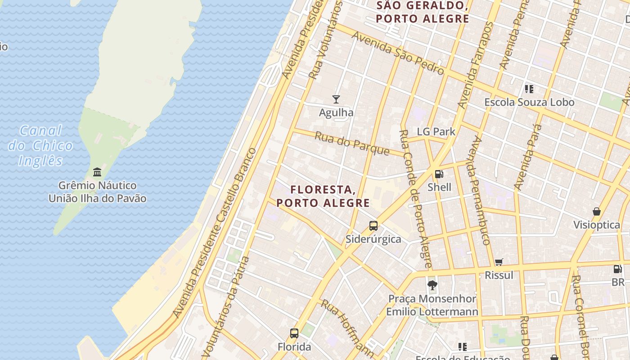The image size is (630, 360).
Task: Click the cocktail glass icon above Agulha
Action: [x=336, y=99]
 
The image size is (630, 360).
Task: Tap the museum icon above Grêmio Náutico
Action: [x=97, y=172]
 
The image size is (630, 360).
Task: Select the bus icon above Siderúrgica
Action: [x=373, y=226]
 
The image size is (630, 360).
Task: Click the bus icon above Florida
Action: [x=294, y=333]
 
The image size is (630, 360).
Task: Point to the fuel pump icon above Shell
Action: [x=439, y=174]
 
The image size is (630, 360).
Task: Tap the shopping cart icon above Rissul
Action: [x=499, y=262]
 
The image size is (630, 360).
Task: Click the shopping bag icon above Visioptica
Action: [x=596, y=211]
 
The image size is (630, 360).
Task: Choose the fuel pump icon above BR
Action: [x=617, y=269]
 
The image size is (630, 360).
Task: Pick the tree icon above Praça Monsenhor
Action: [x=432, y=285]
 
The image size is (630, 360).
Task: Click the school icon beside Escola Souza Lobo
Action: [x=529, y=89]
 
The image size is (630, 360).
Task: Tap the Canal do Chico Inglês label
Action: [x=40, y=145]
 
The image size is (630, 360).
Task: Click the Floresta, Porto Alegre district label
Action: [x=323, y=196]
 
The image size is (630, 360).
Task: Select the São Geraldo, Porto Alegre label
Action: [x=423, y=12]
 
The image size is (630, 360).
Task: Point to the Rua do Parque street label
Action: [x=351, y=143]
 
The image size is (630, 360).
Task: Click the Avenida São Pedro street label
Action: [x=398, y=53]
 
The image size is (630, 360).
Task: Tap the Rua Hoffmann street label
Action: [x=347, y=327]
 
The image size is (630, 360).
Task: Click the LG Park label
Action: [x=436, y=132]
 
